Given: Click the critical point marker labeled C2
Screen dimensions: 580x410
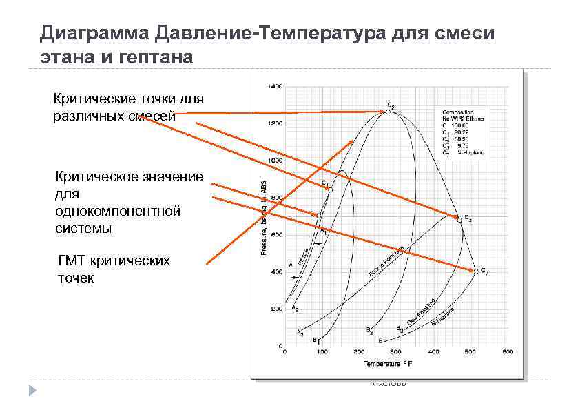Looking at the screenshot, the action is point(388,112).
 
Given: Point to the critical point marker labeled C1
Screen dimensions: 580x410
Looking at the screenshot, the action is point(331,189).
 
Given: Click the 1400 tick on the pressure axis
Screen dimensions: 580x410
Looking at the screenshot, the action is point(276,87).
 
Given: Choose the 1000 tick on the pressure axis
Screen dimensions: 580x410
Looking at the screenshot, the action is point(276,161).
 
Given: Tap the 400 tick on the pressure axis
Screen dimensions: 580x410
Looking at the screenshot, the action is point(277,272).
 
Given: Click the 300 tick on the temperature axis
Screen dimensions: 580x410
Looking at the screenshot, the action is point(397,353).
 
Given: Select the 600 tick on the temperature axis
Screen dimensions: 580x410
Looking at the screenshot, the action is point(508,353).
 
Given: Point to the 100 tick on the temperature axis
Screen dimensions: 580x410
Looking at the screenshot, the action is point(322,353).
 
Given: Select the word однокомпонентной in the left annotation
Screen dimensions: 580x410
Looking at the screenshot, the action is point(117,211).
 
